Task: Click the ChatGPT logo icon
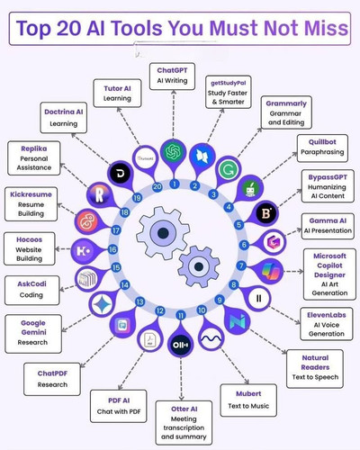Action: (174, 151)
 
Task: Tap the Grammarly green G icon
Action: (229, 169)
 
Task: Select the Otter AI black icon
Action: (181, 345)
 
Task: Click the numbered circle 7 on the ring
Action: (241, 265)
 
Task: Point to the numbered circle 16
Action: (112, 249)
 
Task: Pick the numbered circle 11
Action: (181, 315)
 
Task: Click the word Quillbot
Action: (322, 142)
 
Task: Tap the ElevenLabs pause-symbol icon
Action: (258, 298)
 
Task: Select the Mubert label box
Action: (248, 400)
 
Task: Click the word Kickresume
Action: (31, 194)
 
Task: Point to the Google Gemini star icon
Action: (102, 304)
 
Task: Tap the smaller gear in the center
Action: (199, 266)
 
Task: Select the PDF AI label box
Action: (119, 406)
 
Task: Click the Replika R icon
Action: (99, 195)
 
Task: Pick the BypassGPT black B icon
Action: (266, 213)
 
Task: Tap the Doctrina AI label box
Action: (64, 118)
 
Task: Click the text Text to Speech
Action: (315, 377)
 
